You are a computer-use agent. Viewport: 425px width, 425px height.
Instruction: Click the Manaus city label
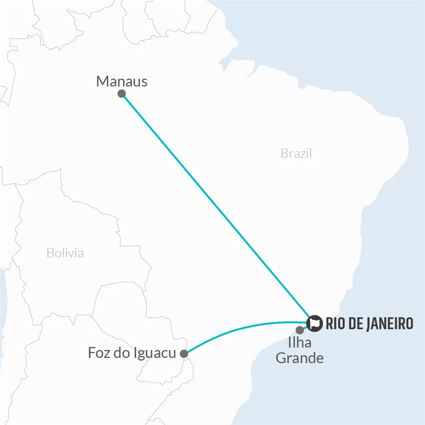[122, 81]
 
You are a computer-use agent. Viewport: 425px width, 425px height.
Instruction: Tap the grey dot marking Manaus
[122, 94]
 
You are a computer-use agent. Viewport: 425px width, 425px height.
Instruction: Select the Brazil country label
[296, 153]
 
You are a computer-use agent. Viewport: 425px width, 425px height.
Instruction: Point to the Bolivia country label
[65, 253]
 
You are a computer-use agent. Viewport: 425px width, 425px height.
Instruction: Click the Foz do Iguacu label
[131, 353]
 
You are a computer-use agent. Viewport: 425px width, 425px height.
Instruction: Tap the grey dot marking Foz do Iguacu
[184, 354]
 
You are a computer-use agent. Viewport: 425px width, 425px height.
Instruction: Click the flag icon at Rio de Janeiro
[315, 323]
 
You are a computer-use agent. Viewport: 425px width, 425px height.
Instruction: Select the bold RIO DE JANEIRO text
[369, 323]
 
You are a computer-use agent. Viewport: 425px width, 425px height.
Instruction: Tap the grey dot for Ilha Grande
[300, 330]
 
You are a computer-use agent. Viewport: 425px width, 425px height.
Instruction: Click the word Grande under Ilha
[299, 358]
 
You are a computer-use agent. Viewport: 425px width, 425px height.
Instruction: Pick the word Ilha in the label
[299, 343]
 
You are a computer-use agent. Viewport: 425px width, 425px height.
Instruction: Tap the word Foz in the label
[98, 353]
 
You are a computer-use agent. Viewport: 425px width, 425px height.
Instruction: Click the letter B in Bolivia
[50, 253]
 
